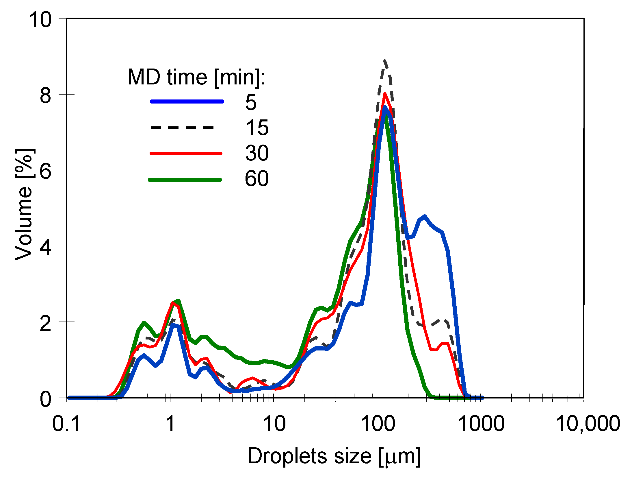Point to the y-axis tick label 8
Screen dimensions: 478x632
tap(46, 95)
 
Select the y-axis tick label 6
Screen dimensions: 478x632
tap(46, 171)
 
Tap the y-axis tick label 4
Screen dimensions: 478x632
tap(46, 247)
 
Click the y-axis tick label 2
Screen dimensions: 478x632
tap(46, 323)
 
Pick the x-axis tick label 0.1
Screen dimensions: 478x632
tap(66, 424)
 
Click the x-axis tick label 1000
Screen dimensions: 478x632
tap(482, 424)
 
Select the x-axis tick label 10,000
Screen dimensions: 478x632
tap(588, 424)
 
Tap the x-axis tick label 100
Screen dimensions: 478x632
tap(378, 424)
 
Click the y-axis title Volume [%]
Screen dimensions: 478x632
tap(24, 205)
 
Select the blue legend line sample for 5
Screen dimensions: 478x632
tap(187, 101)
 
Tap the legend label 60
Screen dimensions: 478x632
tap(257, 178)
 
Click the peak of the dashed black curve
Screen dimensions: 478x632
tap(384, 61)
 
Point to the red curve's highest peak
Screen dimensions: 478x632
tap(385, 94)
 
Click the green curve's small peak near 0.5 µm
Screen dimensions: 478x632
tap(144, 323)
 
